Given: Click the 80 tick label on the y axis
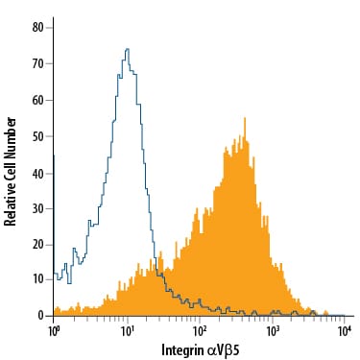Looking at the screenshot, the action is [x=37, y=28].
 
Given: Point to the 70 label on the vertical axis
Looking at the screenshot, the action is [x=37, y=63].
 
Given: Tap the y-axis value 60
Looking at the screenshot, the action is [x=37, y=100].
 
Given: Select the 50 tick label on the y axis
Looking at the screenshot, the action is [x=37, y=136].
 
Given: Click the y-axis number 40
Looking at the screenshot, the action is [x=37, y=173].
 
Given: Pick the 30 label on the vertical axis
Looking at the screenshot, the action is [x=37, y=209].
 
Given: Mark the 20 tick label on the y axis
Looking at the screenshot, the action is [x=37, y=245].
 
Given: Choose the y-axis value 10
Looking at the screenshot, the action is [x=37, y=280].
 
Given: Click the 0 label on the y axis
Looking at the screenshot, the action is [x=40, y=316].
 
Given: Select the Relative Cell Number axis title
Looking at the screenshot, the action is [x=10, y=172].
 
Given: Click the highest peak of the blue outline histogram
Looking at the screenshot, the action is [x=128, y=49].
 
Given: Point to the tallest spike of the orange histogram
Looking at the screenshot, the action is [x=245, y=118].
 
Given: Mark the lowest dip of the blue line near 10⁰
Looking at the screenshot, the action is [x=69, y=283].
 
